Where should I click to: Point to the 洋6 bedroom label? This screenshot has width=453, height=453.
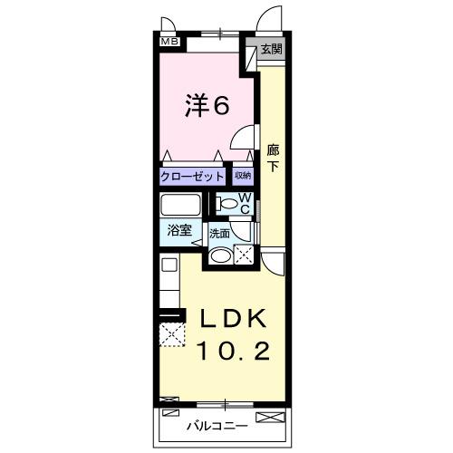(209, 106)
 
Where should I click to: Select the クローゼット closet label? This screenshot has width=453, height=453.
(192, 176)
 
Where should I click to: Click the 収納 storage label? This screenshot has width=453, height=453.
(242, 176)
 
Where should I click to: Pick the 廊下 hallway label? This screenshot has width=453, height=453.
(273, 159)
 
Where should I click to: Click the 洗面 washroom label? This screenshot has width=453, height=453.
(220, 233)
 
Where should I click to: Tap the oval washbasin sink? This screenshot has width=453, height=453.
(219, 255)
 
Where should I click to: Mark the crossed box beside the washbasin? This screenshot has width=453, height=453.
(243, 255)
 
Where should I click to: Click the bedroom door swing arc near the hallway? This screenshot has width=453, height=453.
(241, 139)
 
